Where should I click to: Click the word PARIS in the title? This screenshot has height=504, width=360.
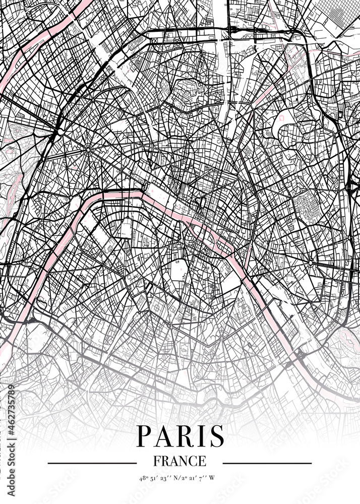click(x=180, y=436)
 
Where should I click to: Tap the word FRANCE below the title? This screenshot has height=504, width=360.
click(x=179, y=461)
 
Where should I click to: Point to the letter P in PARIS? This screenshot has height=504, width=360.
click(x=143, y=436)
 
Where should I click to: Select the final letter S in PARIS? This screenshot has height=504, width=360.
click(x=217, y=436)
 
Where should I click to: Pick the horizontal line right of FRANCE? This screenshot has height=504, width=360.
click(x=267, y=463)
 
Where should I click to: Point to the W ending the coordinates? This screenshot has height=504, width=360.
click(x=212, y=477)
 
